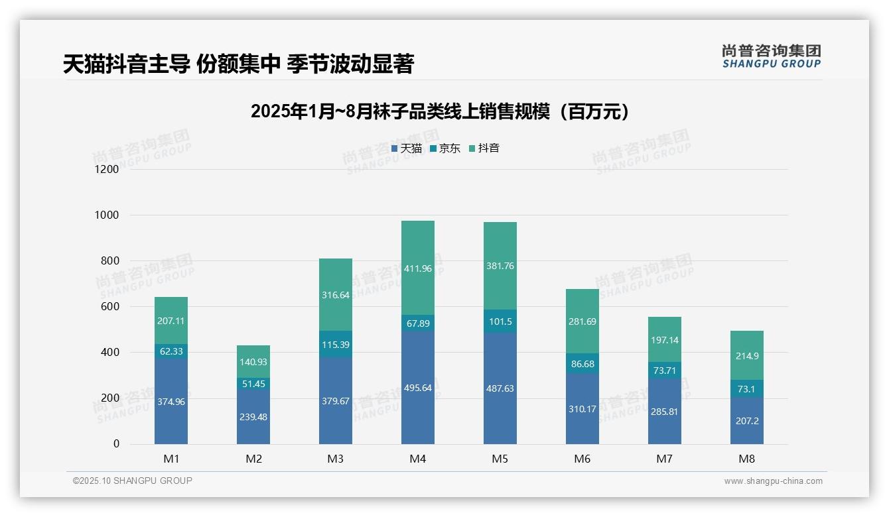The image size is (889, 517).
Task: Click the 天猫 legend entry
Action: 407,148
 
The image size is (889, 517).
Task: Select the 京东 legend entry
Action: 445,148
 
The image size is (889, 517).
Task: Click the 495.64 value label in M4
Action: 418,388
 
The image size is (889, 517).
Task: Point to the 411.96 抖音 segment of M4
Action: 418,268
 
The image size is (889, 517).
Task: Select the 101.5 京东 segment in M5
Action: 500,321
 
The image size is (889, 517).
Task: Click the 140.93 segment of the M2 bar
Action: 253,361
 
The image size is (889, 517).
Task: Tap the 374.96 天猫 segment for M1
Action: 171,401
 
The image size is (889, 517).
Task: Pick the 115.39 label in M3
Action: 336,345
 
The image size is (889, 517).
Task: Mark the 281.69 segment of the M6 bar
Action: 582,321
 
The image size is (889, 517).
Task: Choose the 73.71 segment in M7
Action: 665,371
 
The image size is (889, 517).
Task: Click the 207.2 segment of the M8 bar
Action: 747,421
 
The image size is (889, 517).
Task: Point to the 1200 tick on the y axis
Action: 106,169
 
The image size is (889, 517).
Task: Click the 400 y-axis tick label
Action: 109,352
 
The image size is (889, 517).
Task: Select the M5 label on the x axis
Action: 500,459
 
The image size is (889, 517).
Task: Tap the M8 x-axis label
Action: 747,459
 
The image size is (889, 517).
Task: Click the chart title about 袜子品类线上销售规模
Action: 440,111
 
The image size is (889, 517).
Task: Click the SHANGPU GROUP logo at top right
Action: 771,56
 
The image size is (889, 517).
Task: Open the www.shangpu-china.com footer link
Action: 773,481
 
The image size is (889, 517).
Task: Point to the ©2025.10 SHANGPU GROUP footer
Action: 133,481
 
